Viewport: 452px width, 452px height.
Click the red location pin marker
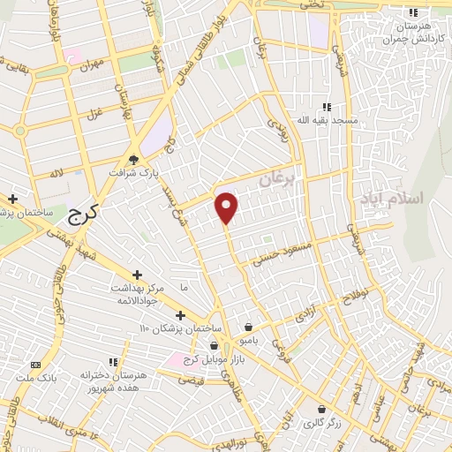pos(227,207)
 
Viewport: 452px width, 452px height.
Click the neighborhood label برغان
pos(280,182)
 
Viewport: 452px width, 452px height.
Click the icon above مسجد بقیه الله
pos(327,106)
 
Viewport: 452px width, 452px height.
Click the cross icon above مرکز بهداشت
pos(137,275)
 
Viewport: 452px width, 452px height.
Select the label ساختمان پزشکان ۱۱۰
pos(171,329)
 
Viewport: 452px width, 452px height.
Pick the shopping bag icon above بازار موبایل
pos(215,345)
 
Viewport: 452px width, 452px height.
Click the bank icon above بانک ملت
pos(36,363)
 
